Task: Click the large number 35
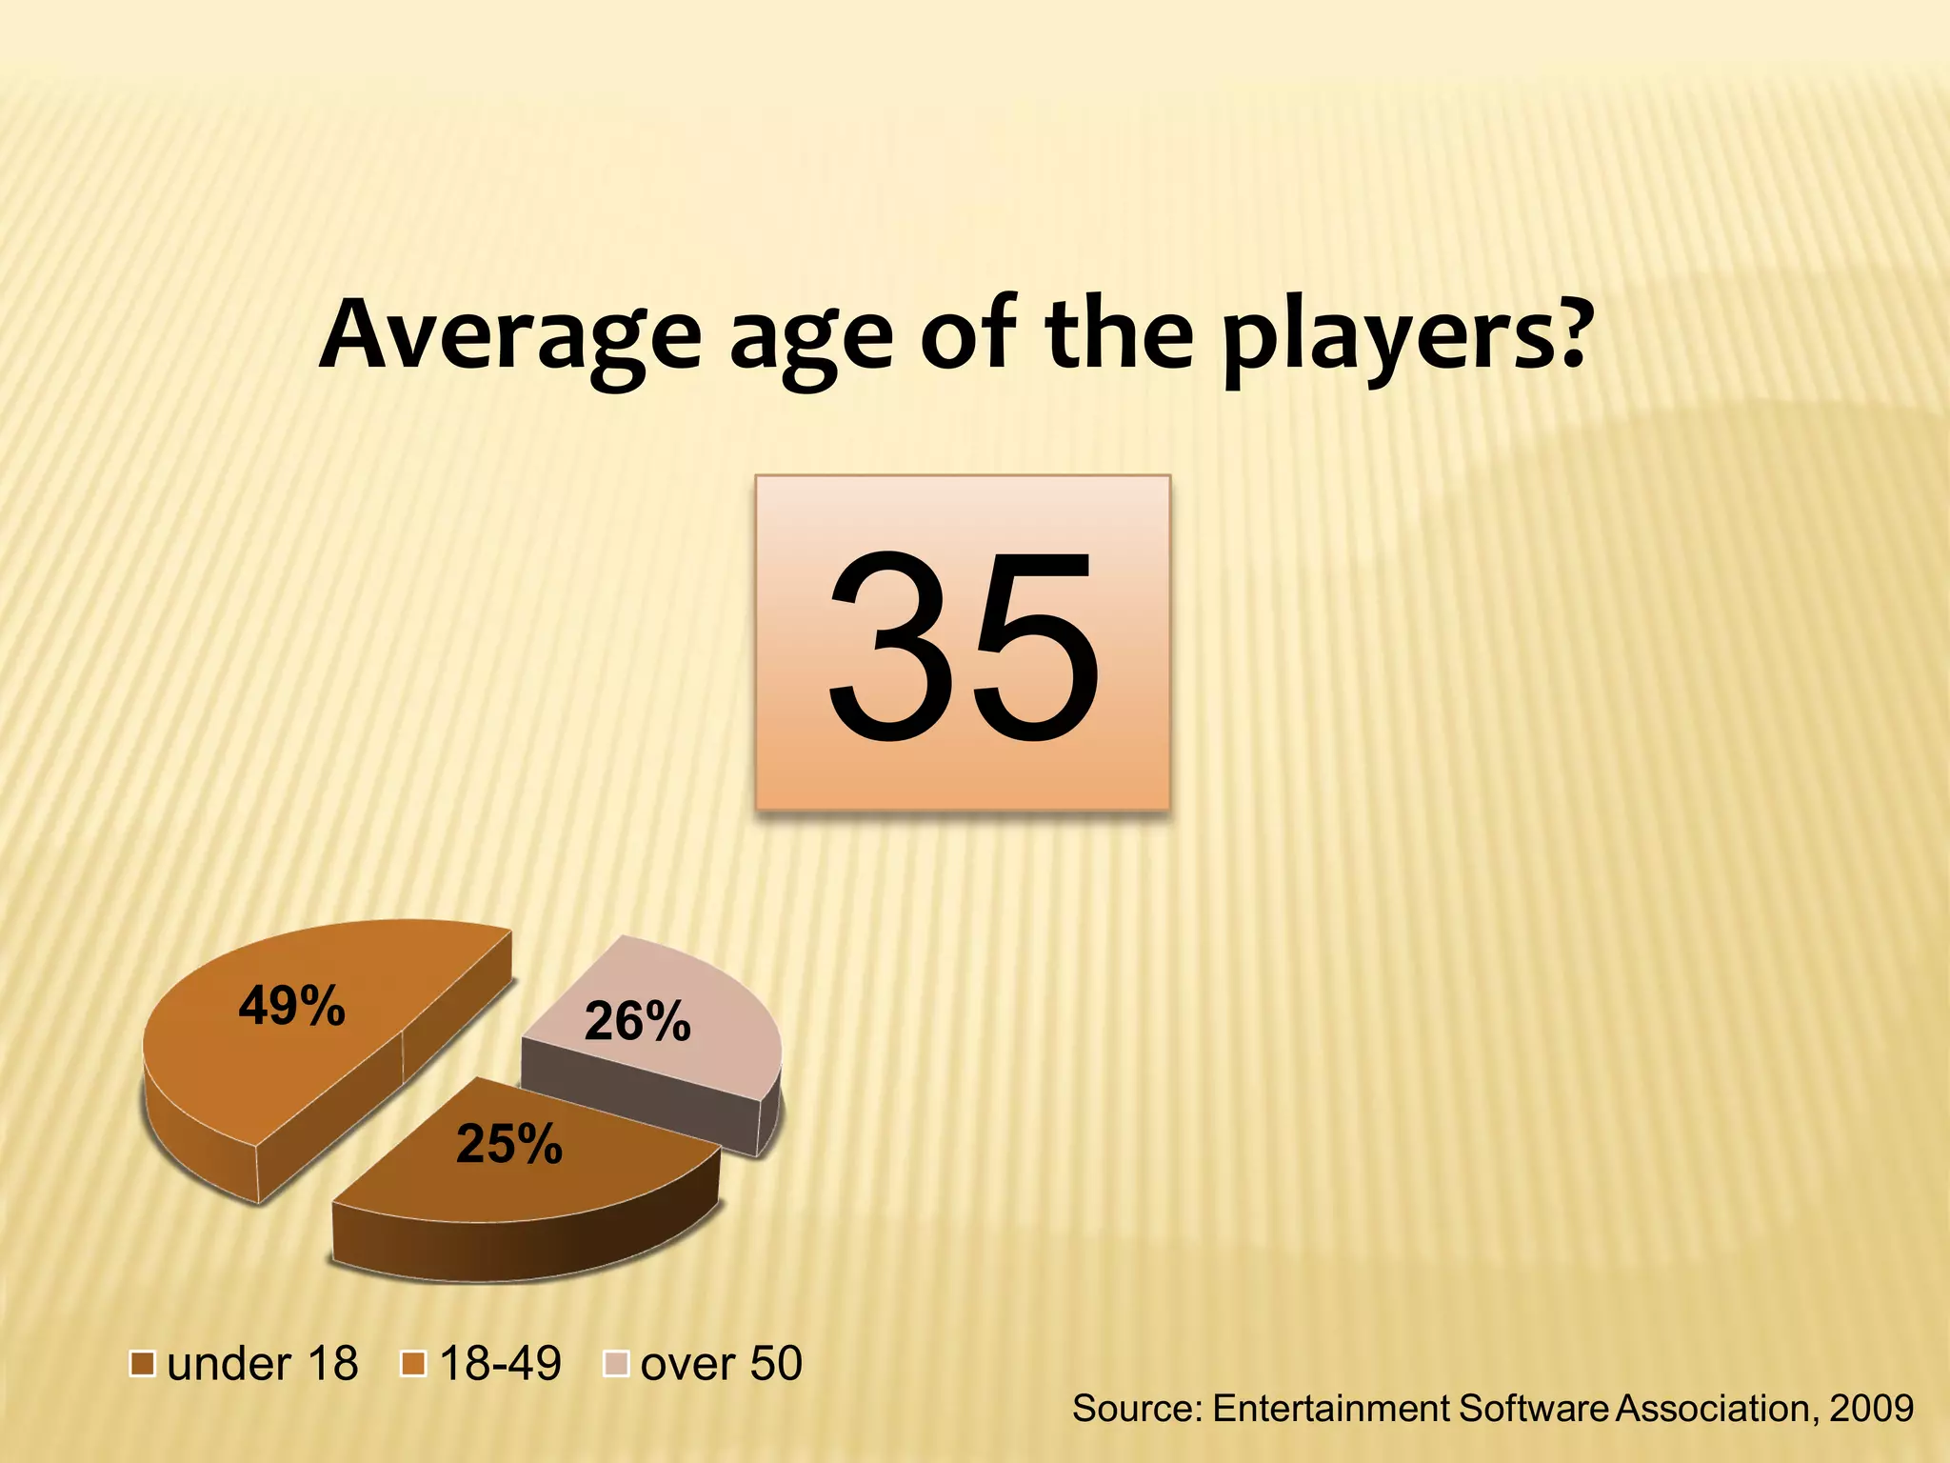click(962, 646)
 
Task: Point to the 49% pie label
click(291, 1006)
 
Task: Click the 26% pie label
click(637, 1021)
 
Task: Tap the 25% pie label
click(509, 1144)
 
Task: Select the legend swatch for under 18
click(143, 1364)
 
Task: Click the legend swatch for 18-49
click(414, 1364)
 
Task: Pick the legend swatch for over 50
click(617, 1364)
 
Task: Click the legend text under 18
click(263, 1364)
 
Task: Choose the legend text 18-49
click(501, 1364)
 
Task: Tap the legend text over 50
click(722, 1364)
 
